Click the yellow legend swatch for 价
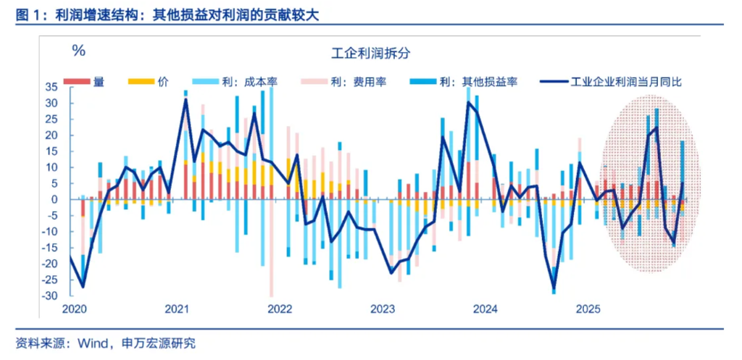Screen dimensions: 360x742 tap(141, 82)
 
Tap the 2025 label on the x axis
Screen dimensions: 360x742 tap(588, 309)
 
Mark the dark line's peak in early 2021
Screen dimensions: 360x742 tap(185, 99)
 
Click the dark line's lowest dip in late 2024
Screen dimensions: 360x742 tap(554, 288)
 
